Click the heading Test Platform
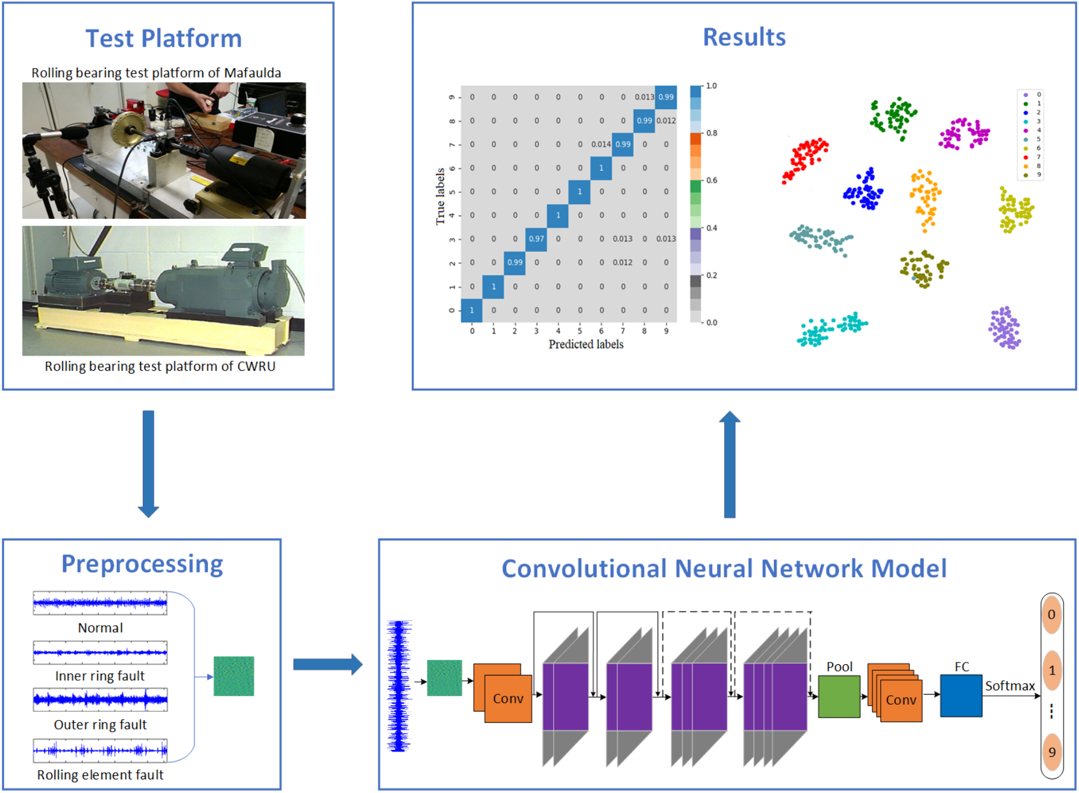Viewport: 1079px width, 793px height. [164, 39]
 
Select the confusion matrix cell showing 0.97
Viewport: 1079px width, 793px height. [536, 239]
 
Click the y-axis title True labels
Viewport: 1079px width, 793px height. [440, 196]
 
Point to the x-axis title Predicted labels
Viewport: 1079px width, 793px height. [586, 345]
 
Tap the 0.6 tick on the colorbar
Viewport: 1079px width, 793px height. [712, 180]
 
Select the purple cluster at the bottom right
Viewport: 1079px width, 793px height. [1004, 327]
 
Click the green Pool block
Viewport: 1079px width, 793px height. [839, 697]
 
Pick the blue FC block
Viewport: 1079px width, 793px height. [960, 695]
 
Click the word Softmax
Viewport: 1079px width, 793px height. [1010, 686]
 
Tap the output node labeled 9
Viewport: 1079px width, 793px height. [1052, 753]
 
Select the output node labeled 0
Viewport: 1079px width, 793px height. [1051, 615]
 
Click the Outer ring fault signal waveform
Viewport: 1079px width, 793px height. [100, 700]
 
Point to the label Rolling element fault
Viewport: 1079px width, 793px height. [100, 775]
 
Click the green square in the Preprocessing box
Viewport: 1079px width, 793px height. [234, 676]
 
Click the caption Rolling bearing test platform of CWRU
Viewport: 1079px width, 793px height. [160, 367]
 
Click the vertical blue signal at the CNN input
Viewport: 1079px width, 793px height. [399, 686]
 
